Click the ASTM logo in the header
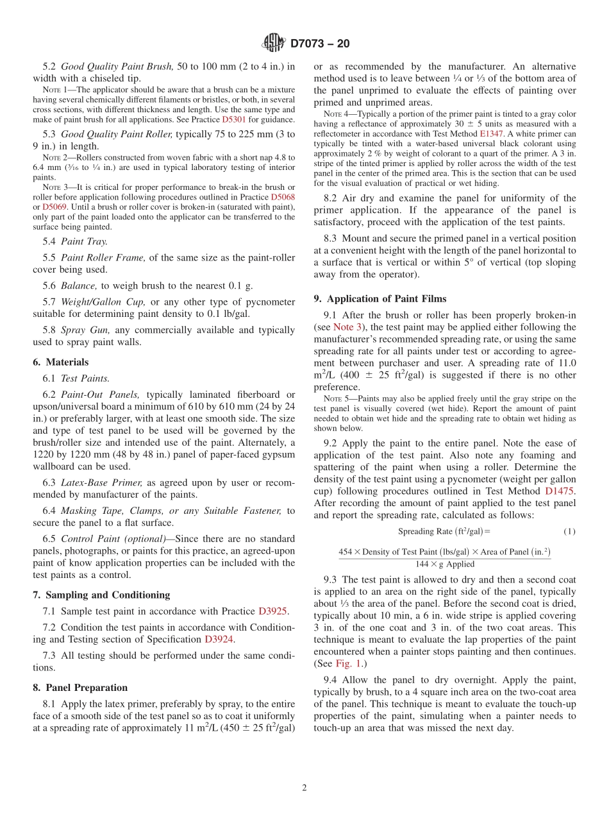click(x=274, y=43)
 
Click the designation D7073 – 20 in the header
click(x=320, y=44)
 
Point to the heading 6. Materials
click(x=60, y=362)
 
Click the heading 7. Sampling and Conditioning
click(x=101, y=595)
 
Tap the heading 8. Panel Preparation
click(x=80, y=687)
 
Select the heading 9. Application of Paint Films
click(x=380, y=298)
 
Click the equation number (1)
click(x=569, y=531)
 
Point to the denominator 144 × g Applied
click(x=445, y=564)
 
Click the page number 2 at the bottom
click(x=304, y=788)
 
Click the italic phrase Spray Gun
click(x=81, y=330)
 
